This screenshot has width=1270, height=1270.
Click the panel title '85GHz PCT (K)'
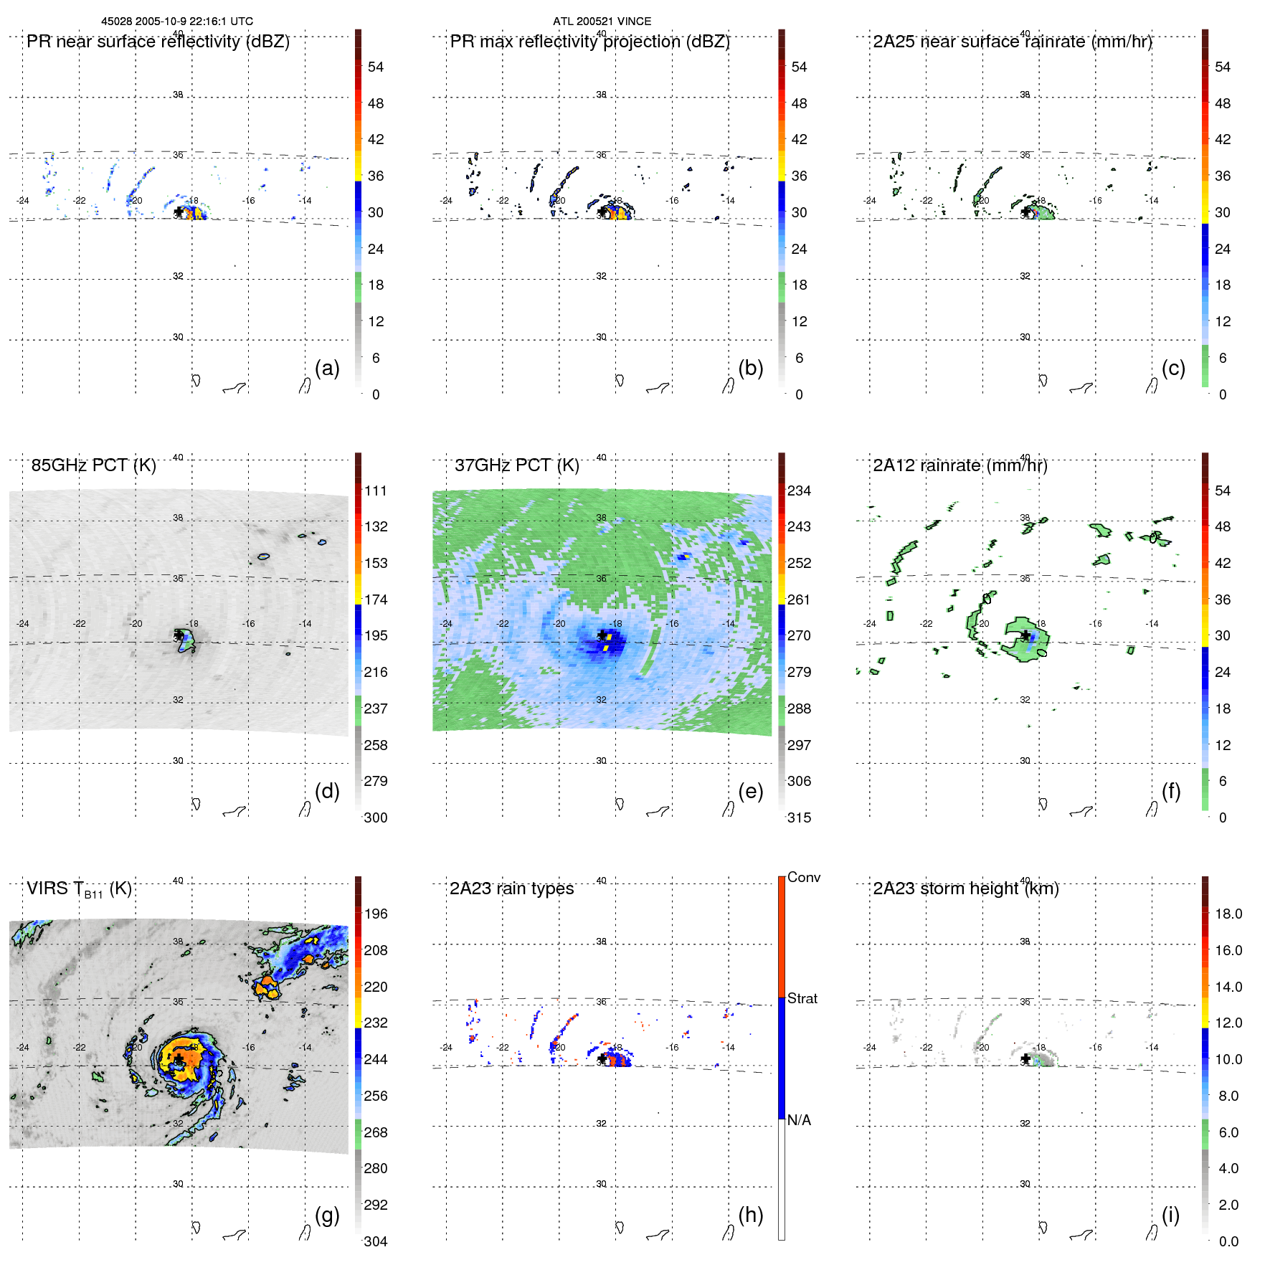pyautogui.click(x=93, y=465)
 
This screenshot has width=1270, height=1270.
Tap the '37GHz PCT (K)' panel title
pyautogui.click(x=516, y=465)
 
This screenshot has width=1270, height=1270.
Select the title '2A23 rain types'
pyautogui.click(x=511, y=888)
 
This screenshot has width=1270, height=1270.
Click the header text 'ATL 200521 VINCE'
pyautogui.click(x=602, y=22)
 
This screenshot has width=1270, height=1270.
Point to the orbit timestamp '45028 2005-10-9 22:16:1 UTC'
pyautogui.click(x=176, y=22)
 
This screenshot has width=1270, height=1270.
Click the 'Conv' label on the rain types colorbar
pyautogui.click(x=803, y=877)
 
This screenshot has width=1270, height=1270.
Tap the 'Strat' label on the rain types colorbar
pyautogui.click(x=802, y=998)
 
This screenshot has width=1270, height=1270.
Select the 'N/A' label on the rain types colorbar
pyautogui.click(x=799, y=1120)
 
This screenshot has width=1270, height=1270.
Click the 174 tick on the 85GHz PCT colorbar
pyautogui.click(x=376, y=600)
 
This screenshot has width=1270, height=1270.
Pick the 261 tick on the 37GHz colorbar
pyautogui.click(x=799, y=600)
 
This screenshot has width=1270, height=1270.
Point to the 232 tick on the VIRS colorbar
pyautogui.click(x=376, y=1023)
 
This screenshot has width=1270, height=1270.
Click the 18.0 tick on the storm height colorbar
pyautogui.click(x=1228, y=914)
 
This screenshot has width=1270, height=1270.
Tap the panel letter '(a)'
pyautogui.click(x=327, y=368)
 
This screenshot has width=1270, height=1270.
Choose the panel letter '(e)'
pyautogui.click(x=750, y=791)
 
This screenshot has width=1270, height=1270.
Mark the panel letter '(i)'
pyautogui.click(x=1170, y=1215)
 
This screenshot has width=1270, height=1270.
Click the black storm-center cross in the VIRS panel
pyautogui.click(x=179, y=1058)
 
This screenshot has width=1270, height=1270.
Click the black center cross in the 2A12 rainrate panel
pyautogui.click(x=1025, y=635)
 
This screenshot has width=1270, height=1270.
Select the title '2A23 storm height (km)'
pyautogui.click(x=965, y=888)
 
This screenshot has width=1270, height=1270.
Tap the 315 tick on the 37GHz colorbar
pyautogui.click(x=799, y=818)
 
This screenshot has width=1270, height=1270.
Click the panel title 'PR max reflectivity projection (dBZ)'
pyautogui.click(x=589, y=42)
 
